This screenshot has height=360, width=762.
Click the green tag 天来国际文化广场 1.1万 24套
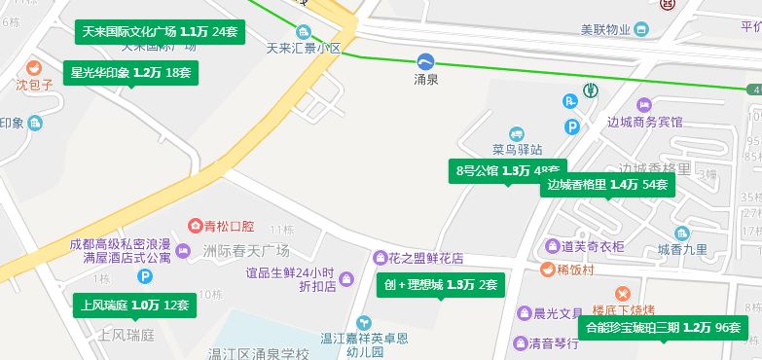tap(160, 32)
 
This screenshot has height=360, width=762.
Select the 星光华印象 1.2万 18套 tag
tap(131, 72)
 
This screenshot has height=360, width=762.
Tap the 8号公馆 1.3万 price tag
tap(507, 171)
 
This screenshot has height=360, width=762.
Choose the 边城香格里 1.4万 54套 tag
tap(607, 185)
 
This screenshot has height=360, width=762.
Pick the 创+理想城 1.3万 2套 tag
tap(441, 285)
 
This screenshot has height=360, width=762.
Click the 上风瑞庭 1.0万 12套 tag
tap(134, 306)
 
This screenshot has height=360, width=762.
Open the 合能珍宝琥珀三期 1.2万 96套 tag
tap(663, 328)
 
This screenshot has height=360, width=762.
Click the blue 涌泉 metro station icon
tap(425, 61)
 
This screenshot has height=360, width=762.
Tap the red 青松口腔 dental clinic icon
tap(195, 226)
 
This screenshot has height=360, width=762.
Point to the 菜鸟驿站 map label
tap(516, 150)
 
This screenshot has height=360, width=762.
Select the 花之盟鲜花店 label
tap(425, 258)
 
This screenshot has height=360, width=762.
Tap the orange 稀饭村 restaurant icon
tap(547, 270)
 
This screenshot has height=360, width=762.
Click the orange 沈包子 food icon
tap(32, 68)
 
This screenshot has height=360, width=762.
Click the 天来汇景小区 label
tap(304, 47)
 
